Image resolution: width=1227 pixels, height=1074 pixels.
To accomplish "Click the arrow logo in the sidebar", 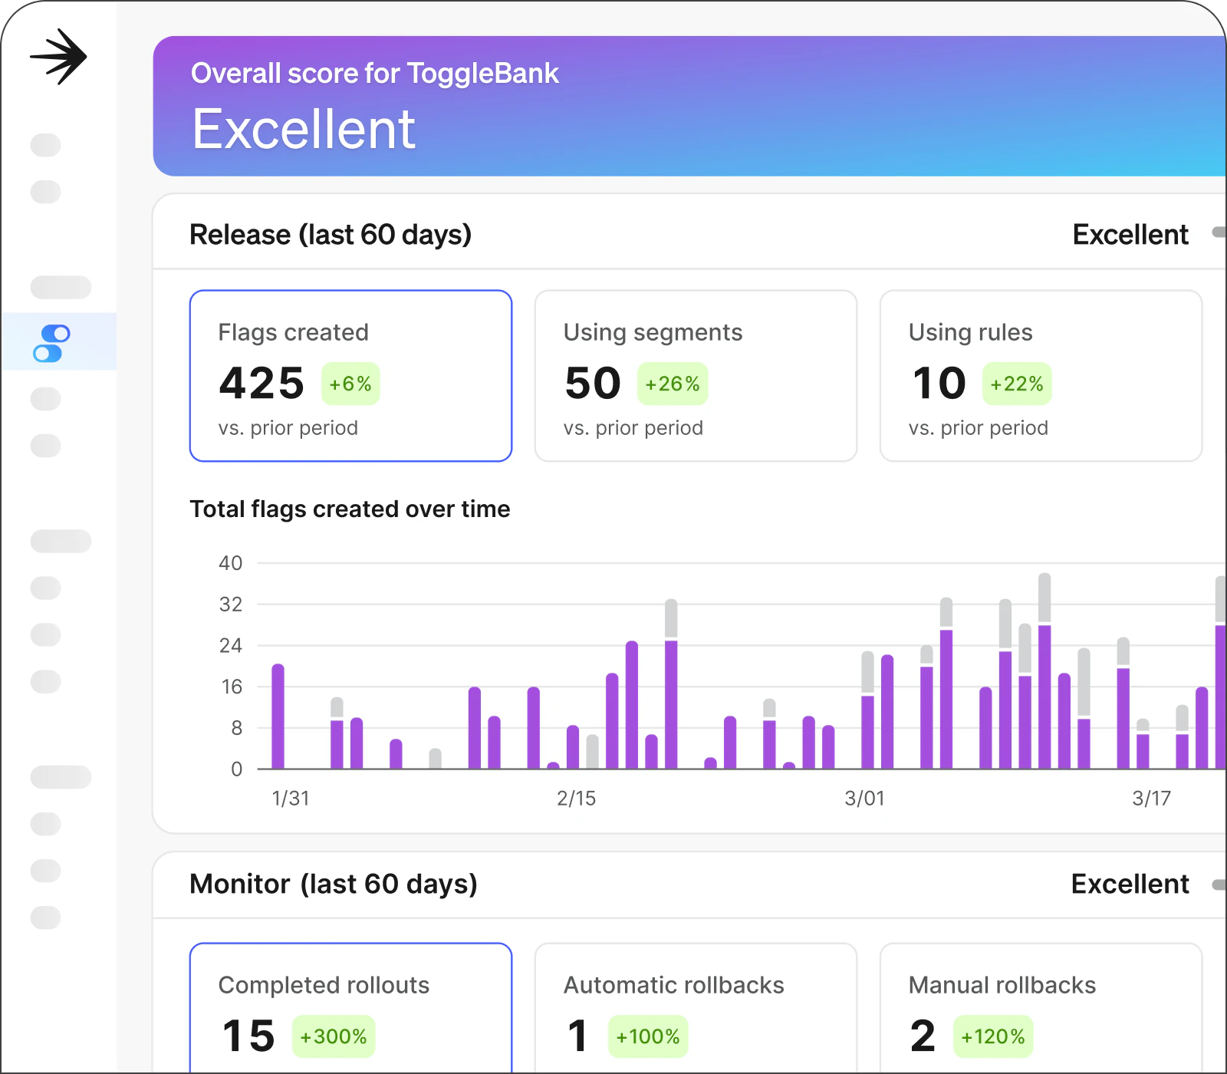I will point(58,57).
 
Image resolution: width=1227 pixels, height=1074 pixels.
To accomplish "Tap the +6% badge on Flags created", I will point(350,384).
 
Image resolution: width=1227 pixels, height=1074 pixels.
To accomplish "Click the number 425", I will point(262,384).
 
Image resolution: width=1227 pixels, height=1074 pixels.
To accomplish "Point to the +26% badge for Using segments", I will point(673,384).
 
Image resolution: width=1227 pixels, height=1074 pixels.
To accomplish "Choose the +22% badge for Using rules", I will point(1017,384).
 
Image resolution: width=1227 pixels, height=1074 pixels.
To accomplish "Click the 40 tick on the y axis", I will point(230,563).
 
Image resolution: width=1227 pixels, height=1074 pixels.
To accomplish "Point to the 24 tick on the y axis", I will point(230,646).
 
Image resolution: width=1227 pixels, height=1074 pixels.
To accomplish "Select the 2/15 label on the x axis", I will point(576,799).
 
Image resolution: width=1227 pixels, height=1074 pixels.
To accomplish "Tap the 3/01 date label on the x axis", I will point(864,799).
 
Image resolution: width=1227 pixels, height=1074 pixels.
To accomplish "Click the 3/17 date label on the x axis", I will point(1151,799).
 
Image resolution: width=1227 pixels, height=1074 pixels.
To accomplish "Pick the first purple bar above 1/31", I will point(278,717).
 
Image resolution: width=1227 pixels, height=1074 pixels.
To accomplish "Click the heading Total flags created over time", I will point(350,509).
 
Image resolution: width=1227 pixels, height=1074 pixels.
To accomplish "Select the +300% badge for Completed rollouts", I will point(334,1037).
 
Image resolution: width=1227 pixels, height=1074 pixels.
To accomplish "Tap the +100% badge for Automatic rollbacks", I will point(648,1037).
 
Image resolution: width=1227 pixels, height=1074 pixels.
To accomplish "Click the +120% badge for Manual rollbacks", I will point(993,1037).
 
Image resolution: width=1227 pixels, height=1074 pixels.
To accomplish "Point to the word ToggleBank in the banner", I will point(482,74).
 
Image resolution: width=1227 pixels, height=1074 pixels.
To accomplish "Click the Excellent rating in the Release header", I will point(1130,235).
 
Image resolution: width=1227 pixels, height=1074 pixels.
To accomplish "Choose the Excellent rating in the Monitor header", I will point(1130,885).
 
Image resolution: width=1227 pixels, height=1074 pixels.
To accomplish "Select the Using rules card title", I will point(970,332).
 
